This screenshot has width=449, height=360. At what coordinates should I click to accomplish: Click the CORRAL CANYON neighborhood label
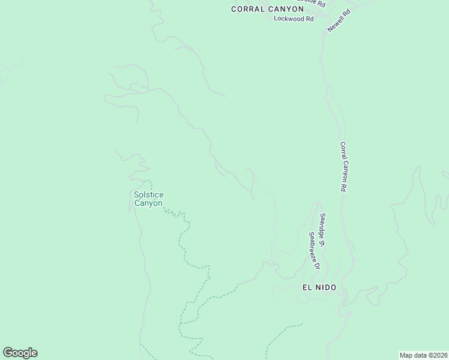[x=268, y=9]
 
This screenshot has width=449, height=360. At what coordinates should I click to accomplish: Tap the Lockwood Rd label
[x=294, y=19]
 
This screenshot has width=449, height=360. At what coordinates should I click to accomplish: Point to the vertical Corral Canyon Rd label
[x=344, y=166]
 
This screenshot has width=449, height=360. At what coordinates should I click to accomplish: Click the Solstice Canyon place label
[x=148, y=199]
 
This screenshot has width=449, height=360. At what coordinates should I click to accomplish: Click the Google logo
[x=20, y=353]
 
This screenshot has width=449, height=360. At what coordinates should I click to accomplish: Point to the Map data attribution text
[x=423, y=355]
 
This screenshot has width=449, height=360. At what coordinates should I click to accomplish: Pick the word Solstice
[x=148, y=194]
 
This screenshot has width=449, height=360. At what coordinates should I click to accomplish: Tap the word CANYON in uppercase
[x=285, y=9]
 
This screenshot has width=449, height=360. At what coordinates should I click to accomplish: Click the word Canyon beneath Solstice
[x=148, y=203]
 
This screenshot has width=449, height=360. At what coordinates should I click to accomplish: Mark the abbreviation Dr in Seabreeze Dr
[x=318, y=265]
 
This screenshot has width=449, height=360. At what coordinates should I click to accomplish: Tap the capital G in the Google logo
[x=8, y=353]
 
